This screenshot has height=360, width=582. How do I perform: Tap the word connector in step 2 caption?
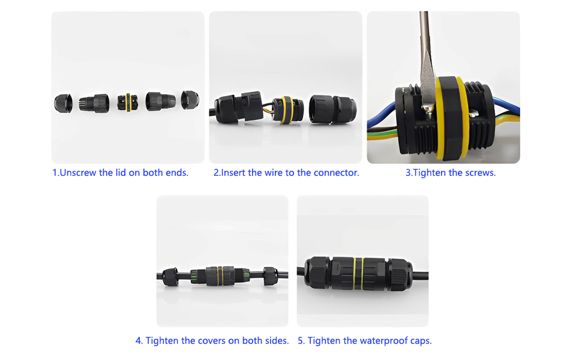coord(338,173)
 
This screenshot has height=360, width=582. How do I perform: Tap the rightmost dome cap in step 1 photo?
coord(190,100)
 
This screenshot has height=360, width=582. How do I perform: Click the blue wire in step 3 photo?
coord(504,112)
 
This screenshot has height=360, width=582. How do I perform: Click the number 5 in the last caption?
coord(301,341)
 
